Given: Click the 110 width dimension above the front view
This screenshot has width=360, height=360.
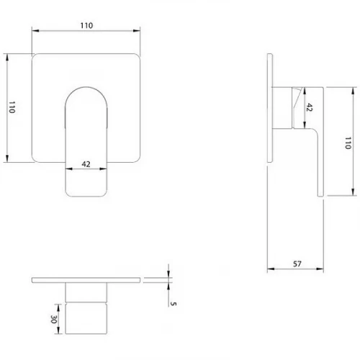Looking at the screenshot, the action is coord(86,25).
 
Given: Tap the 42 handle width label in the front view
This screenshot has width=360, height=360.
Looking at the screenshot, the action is coord(86,164).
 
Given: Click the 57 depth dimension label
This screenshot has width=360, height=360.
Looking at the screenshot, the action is coord(297,264).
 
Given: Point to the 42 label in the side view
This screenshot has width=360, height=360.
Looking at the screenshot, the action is coord(309,107).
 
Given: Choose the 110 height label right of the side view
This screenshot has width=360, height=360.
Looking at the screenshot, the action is coord(348,143).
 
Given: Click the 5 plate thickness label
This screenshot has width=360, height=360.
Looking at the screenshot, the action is coord(174,304).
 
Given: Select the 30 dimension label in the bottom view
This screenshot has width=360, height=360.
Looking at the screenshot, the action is coord(53,319).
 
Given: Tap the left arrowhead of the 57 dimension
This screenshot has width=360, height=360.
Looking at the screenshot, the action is coord(271,269).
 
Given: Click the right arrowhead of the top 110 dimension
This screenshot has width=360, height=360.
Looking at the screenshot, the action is coord(137,30).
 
